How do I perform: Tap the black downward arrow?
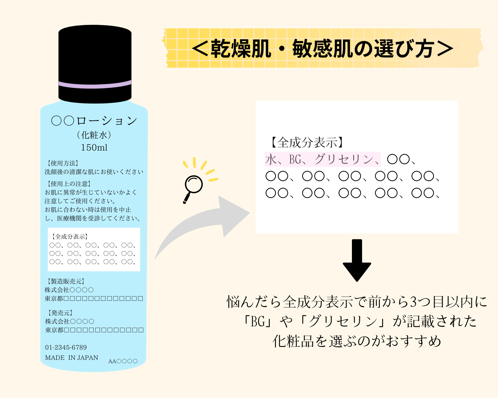[x=357, y=260]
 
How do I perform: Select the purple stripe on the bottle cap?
[x=95, y=85]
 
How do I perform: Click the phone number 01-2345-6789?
[x=66, y=347]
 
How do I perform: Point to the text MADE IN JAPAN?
[x=71, y=358]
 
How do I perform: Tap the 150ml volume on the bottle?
[x=94, y=148]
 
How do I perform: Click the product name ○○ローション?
[x=94, y=121]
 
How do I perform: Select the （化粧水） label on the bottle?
[x=94, y=135]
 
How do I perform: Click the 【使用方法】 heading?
[x=62, y=163]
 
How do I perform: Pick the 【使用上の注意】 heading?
[x=69, y=184]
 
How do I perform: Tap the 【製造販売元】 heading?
[x=66, y=282]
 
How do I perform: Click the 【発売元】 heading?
[x=60, y=313]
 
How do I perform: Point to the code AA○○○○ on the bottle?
[x=123, y=361]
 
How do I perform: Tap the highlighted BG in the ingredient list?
[x=295, y=159]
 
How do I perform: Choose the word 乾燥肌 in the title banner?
[x=241, y=48]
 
